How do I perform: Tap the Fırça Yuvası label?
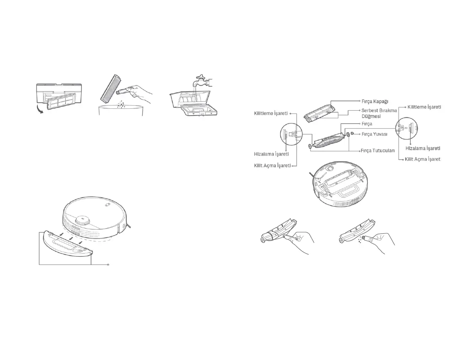374,134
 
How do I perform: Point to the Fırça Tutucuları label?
377,151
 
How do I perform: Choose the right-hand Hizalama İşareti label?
424,148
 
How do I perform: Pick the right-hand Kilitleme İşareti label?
424,107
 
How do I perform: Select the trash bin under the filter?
120,112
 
